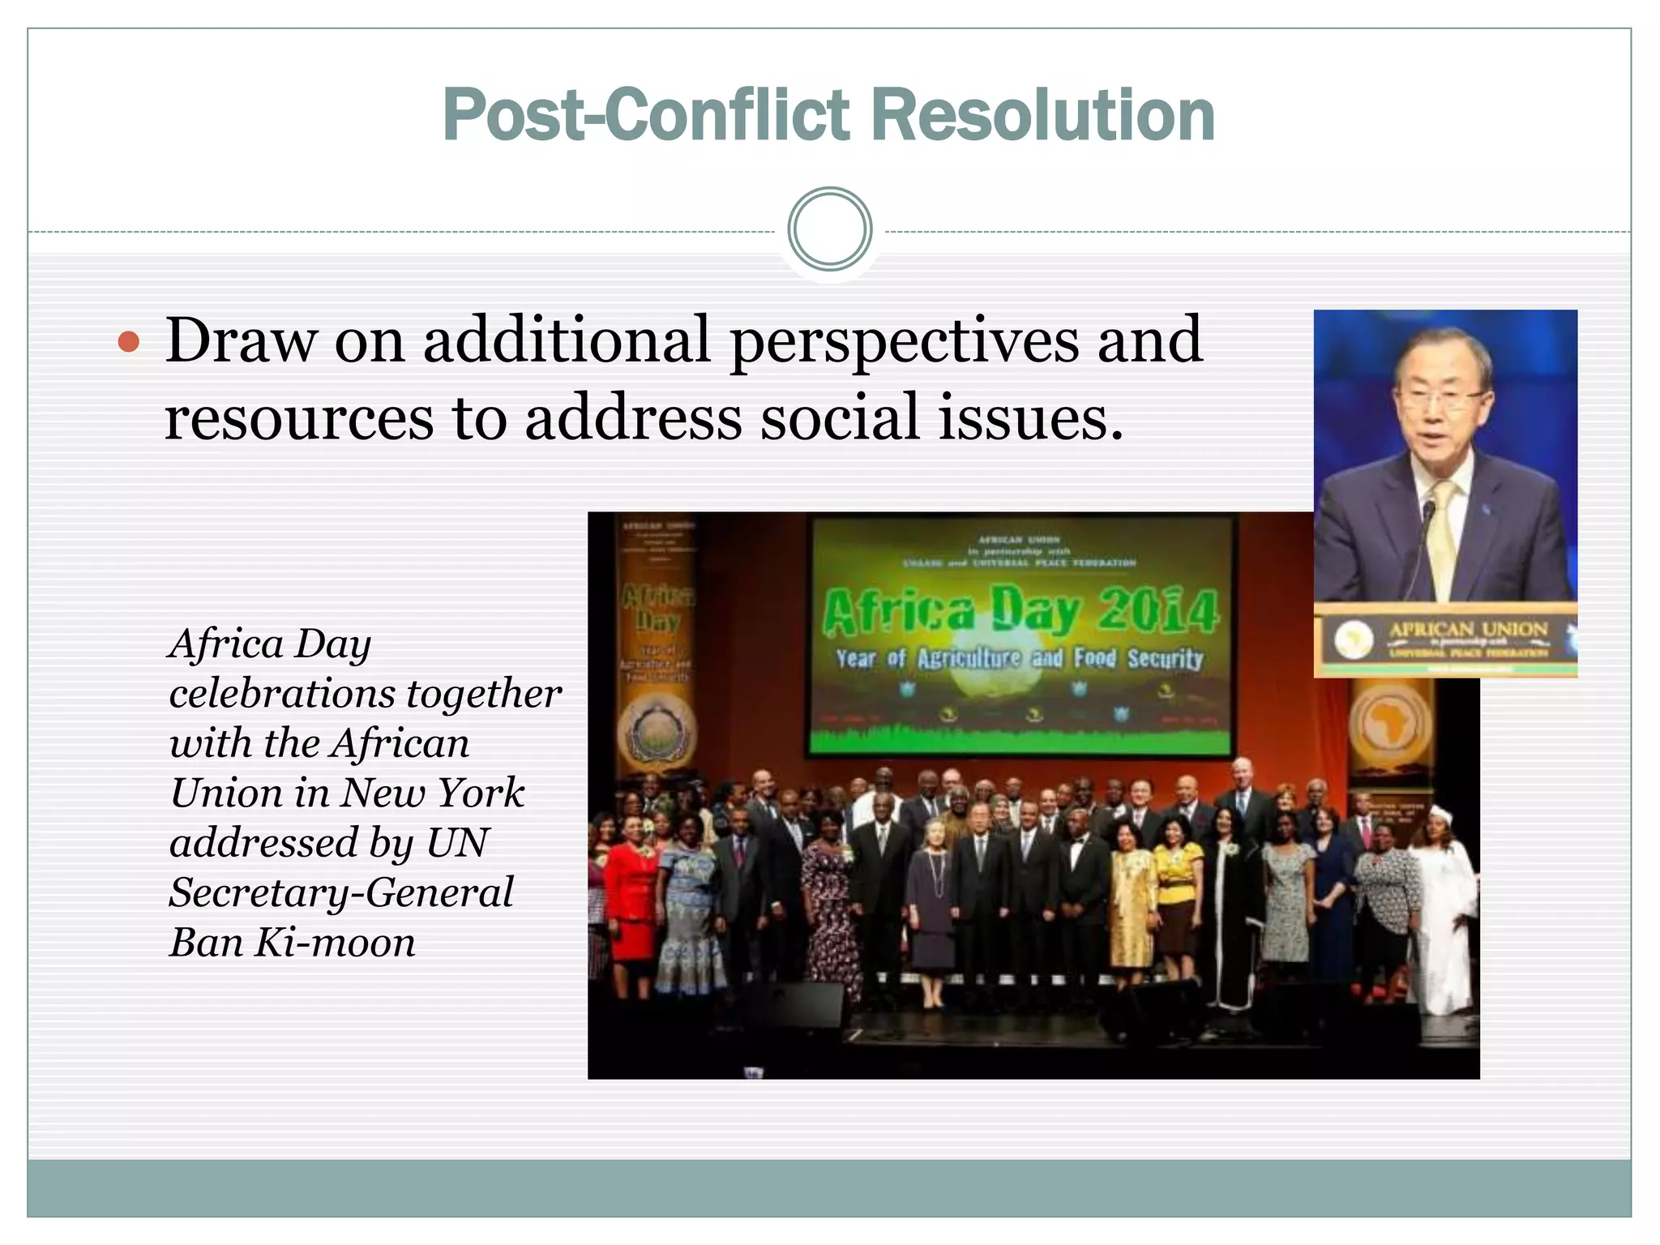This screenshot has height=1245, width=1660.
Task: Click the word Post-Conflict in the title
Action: pos(647,115)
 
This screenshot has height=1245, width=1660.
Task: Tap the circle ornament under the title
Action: pos(829,229)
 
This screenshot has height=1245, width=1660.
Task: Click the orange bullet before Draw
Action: pos(129,342)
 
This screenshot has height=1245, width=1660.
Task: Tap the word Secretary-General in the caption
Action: pos(341,893)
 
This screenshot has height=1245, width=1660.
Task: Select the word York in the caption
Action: pos(481,794)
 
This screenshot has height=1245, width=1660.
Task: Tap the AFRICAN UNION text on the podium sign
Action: pos(1468,630)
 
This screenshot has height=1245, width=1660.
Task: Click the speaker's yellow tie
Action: pos(1443,535)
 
